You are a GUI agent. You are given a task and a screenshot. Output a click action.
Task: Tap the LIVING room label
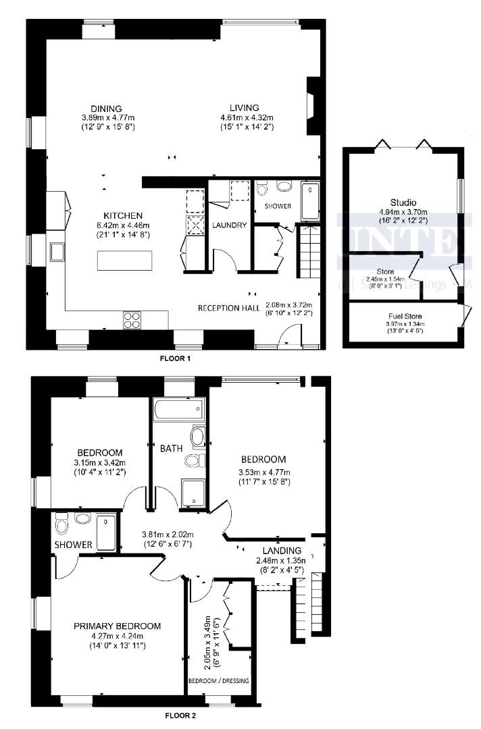coord(244,108)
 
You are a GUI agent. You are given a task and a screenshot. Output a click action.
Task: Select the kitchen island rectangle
coord(125,260)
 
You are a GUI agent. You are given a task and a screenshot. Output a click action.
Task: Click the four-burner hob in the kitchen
coord(131,319)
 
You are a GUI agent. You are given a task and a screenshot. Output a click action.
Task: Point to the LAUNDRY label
coord(230,225)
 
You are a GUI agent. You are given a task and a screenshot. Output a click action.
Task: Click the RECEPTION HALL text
coord(229,308)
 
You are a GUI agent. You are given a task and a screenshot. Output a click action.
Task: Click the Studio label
coord(403,202)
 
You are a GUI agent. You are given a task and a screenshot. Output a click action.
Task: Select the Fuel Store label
coord(406,315)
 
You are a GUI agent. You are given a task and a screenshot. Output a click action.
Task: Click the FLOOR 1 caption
coord(175,358)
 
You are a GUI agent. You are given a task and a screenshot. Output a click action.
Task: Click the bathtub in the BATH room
coord(178,408)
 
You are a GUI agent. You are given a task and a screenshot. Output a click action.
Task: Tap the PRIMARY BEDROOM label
coord(118,626)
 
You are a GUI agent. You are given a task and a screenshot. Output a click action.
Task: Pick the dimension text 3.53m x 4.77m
coord(263,473)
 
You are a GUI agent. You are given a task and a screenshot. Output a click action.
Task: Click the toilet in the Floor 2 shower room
coord(62,524)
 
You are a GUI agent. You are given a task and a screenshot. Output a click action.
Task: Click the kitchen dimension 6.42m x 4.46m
coord(122,225)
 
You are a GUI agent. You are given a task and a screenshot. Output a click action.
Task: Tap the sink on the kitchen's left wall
coord(55,252)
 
